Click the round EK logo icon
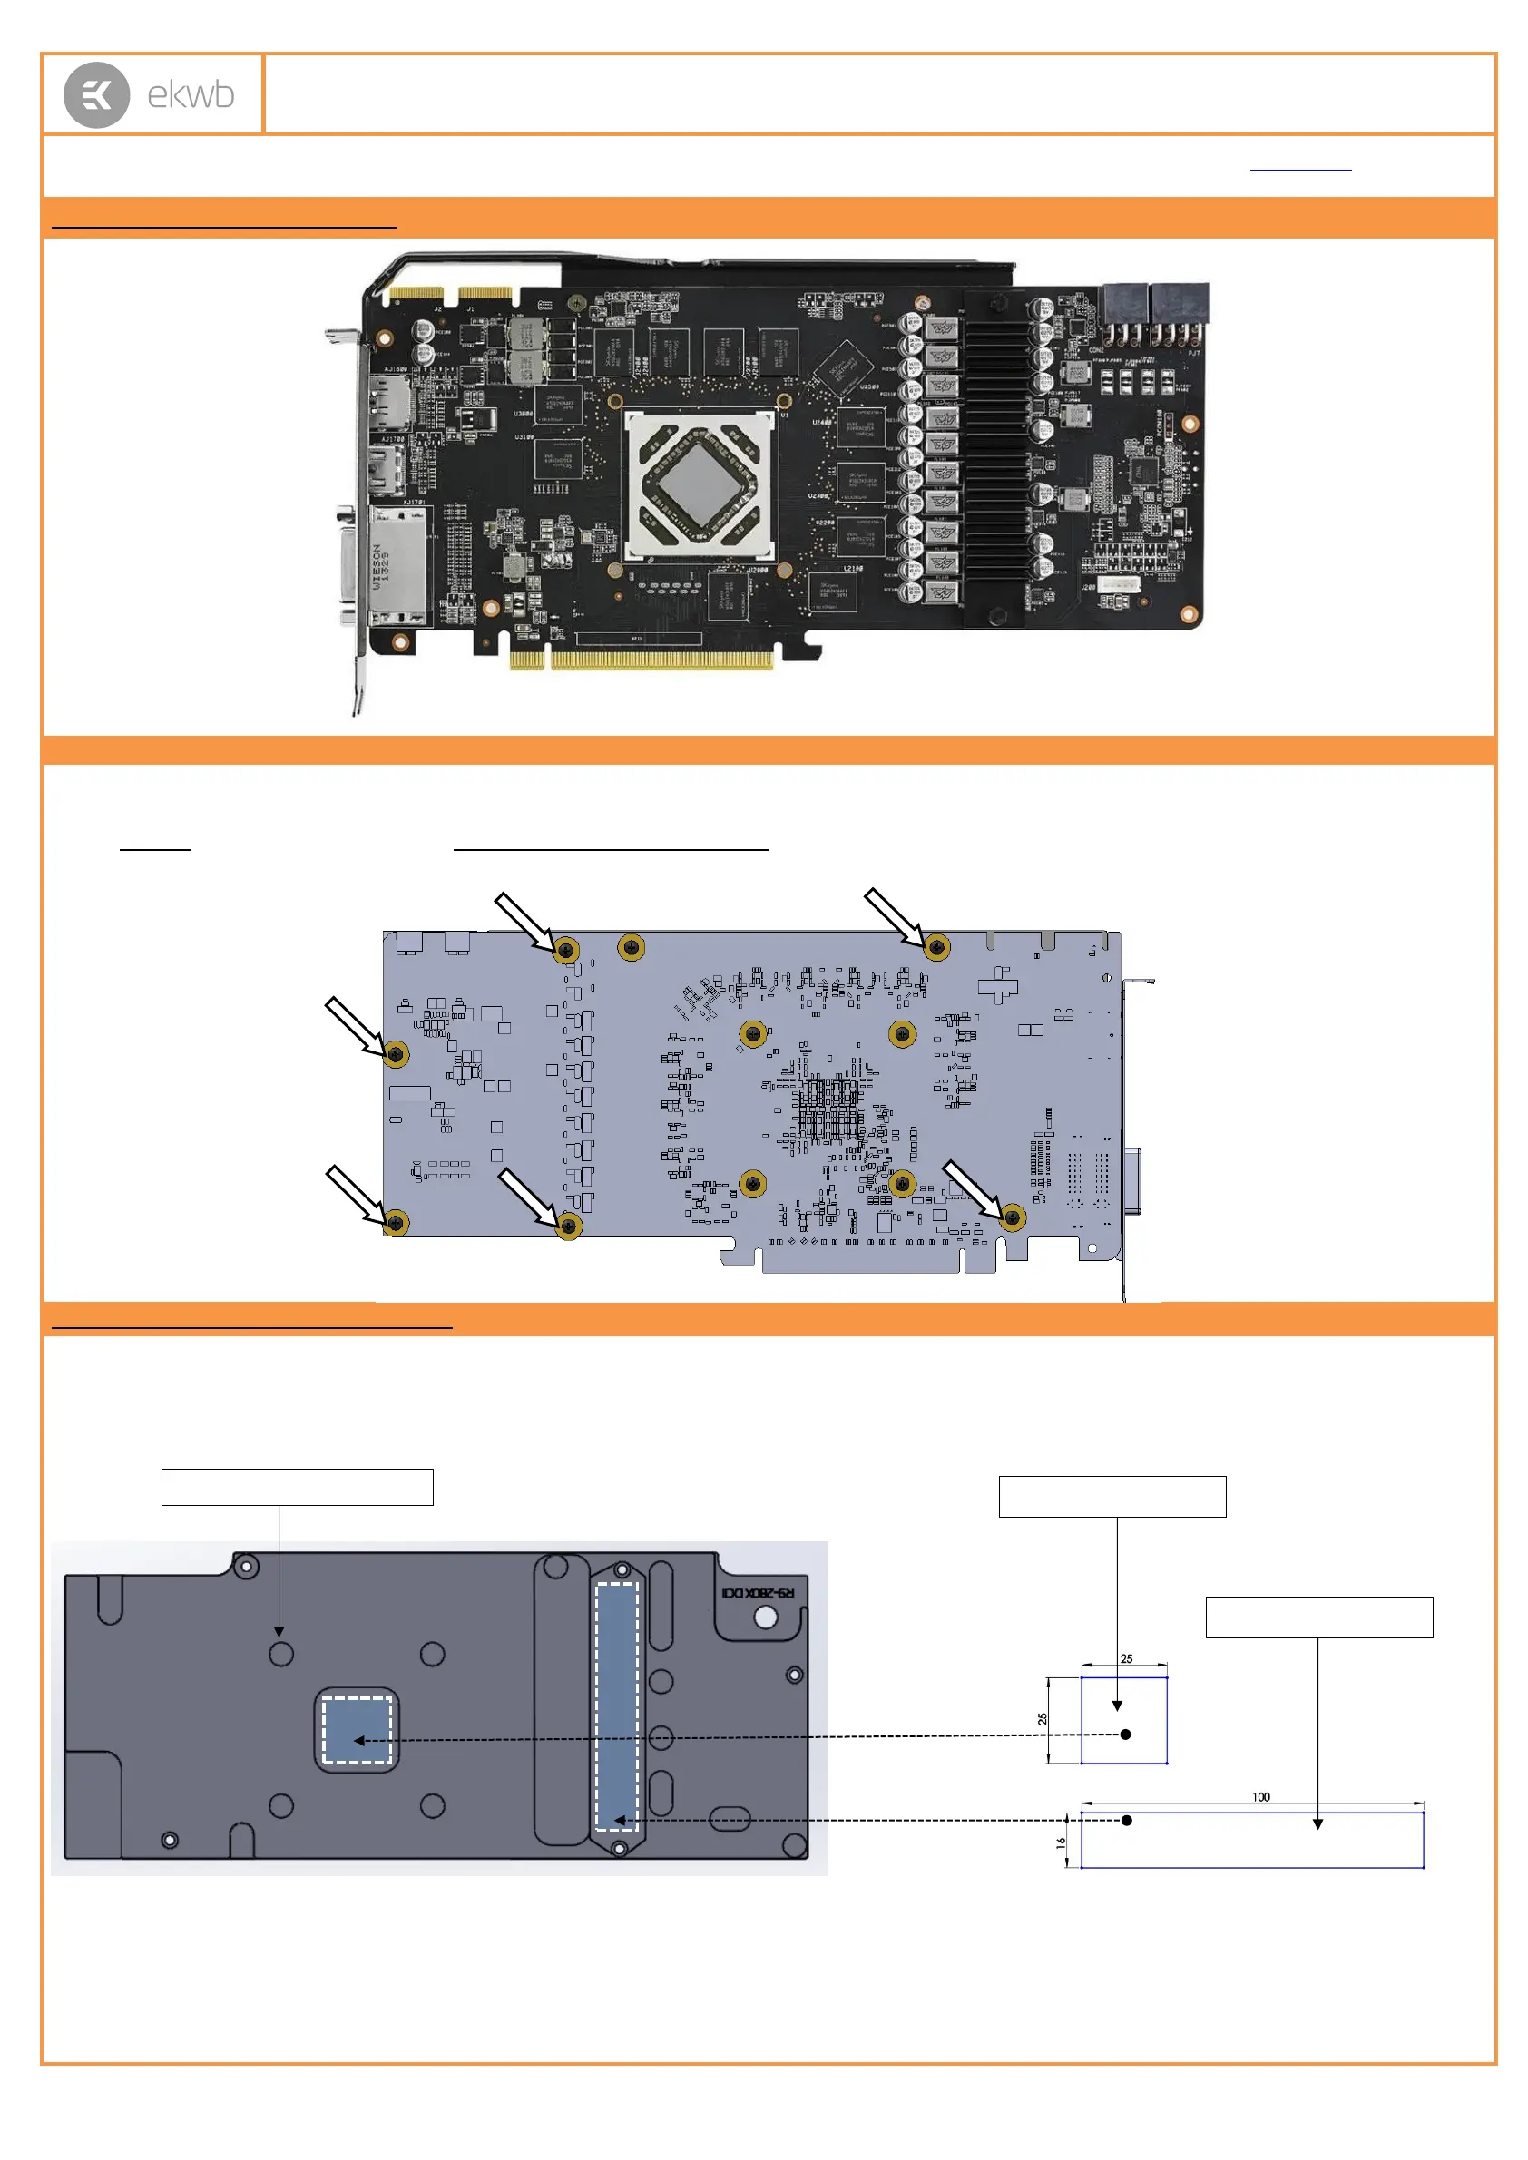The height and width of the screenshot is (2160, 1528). (x=96, y=95)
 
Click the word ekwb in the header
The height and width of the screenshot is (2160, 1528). (x=191, y=95)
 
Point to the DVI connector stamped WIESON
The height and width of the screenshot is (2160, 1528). (x=394, y=566)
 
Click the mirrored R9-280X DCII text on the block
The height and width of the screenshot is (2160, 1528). (x=758, y=1592)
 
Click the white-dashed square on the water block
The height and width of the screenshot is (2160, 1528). (x=357, y=1730)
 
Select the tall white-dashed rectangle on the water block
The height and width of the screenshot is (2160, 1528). (x=617, y=1706)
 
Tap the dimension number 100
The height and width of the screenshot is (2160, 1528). (x=1261, y=1797)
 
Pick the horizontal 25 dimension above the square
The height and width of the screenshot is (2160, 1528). (x=1126, y=1658)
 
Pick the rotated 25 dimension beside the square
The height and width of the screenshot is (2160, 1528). (x=1043, y=1719)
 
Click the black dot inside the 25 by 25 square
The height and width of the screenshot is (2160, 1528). (x=1125, y=1734)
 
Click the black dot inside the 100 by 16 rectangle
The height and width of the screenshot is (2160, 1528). (x=1126, y=1821)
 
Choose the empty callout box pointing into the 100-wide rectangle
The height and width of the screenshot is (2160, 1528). (x=1319, y=1618)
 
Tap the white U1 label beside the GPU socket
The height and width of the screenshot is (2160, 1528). (x=785, y=415)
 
